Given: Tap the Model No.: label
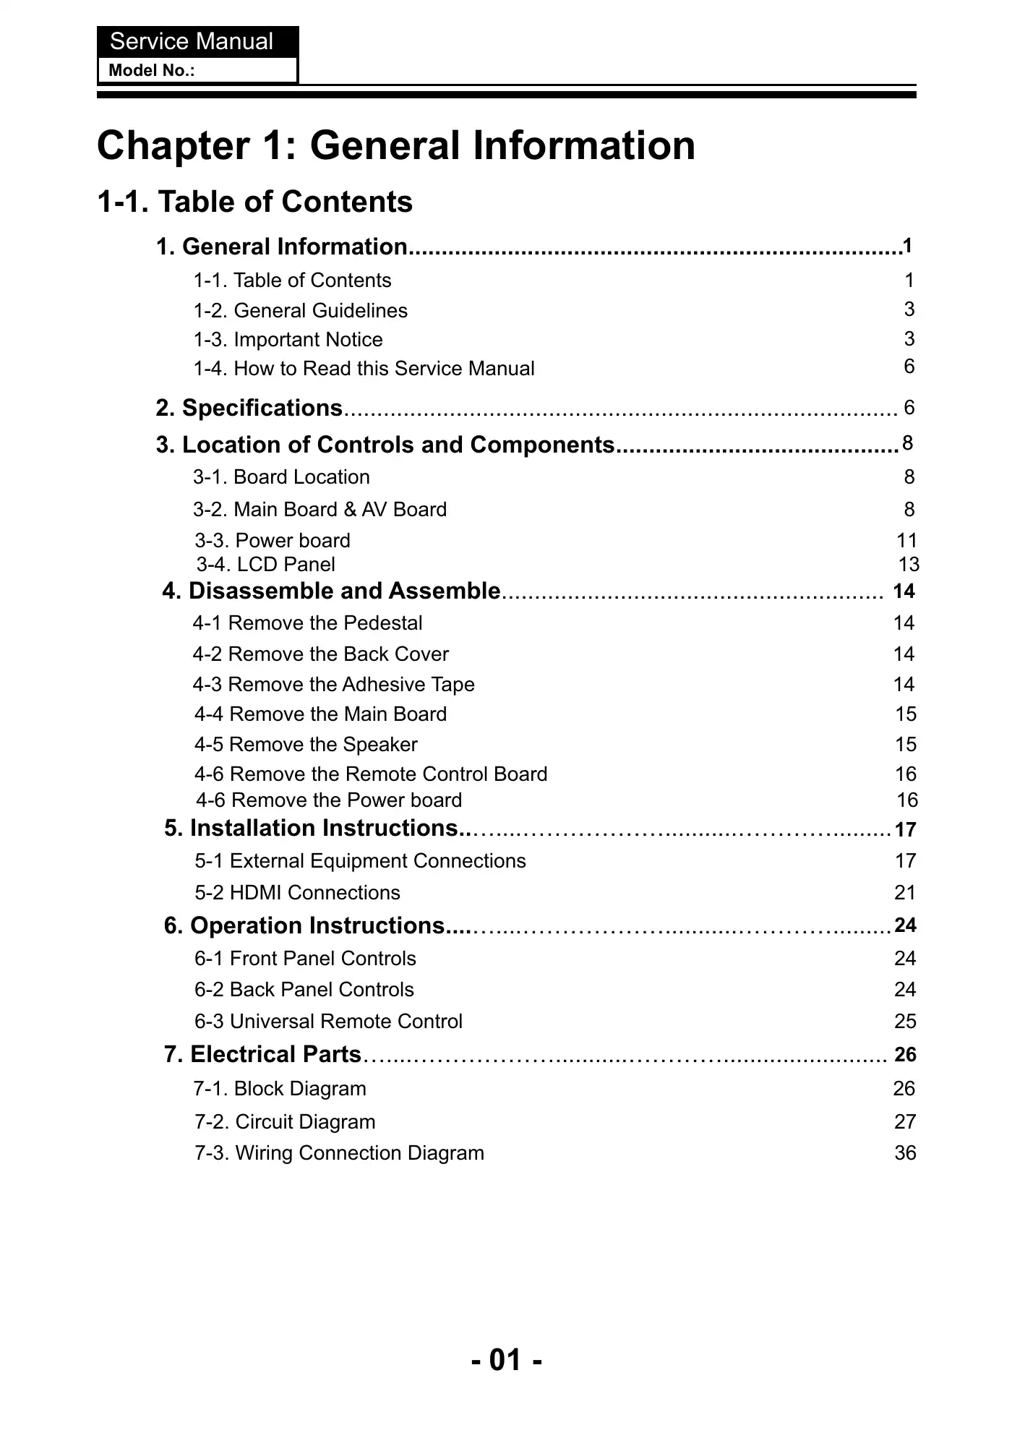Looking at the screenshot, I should click(151, 71).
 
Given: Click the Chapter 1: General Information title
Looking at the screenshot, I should click(395, 145).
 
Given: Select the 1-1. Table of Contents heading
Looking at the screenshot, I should click(254, 202).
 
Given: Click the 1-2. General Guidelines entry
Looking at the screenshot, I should click(300, 311).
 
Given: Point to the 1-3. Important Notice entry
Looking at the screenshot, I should click(288, 340).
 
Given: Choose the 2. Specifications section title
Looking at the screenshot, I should click(249, 408).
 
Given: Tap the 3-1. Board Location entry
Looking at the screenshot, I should click(281, 477).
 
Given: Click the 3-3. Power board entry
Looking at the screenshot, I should click(273, 541).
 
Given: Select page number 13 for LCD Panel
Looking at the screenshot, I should click(908, 565).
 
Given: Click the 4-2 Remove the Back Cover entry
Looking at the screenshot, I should click(320, 654).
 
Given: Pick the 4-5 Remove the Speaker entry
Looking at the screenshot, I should click(306, 745).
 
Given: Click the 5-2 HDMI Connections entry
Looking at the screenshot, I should click(297, 893).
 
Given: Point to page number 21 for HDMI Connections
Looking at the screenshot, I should click(905, 893).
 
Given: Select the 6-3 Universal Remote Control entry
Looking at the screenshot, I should click(328, 1022).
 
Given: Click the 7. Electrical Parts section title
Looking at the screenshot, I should click(262, 1055).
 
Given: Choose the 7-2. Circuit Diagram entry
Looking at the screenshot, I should click(285, 1122).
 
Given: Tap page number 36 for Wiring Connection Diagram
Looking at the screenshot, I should click(905, 1153).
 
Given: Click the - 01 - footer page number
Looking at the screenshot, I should click(506, 1360).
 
